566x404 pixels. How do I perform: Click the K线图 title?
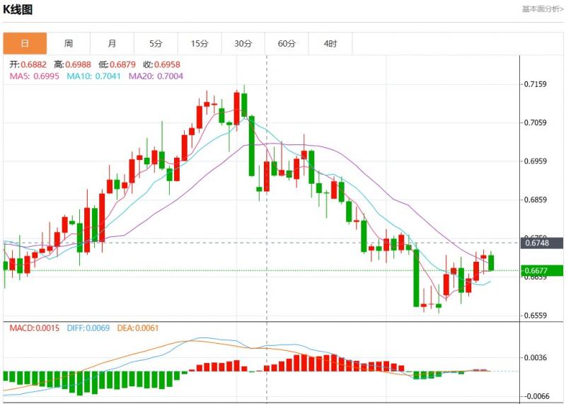pyautogui.click(x=18, y=9)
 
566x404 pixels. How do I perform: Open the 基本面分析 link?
pyautogui.click(x=543, y=9)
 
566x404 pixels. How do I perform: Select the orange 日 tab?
pyautogui.click(x=25, y=44)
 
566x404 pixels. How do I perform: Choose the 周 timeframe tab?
pyautogui.click(x=69, y=44)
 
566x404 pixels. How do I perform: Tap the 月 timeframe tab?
pyautogui.click(x=112, y=44)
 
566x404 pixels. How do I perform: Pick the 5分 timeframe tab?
pyautogui.click(x=156, y=44)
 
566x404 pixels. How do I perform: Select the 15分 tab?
pyautogui.click(x=200, y=44)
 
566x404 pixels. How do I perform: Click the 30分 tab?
pyautogui.click(x=243, y=44)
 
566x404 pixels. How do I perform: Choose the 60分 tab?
pyautogui.click(x=287, y=44)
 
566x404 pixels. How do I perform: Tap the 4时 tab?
pyautogui.click(x=330, y=44)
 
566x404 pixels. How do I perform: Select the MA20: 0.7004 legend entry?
pyautogui.click(x=155, y=76)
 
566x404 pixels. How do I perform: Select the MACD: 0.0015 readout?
pyautogui.click(x=35, y=328)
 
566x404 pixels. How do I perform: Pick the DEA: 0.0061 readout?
pyautogui.click(x=139, y=328)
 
